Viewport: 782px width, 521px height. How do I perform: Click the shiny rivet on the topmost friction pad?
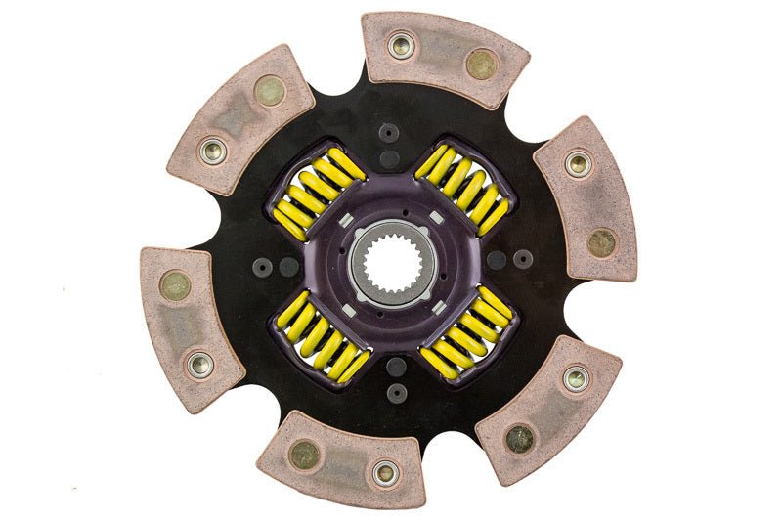400,45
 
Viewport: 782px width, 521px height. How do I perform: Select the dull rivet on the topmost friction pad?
480,65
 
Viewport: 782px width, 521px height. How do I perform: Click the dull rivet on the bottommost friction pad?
304,453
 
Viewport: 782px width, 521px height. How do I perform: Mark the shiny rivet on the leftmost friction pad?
200,365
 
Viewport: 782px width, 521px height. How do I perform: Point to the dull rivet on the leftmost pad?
176,285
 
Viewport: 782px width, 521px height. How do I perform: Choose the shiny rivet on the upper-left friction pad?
211,151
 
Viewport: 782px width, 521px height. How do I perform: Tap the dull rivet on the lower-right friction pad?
519,439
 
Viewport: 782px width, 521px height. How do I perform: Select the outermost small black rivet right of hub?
523,259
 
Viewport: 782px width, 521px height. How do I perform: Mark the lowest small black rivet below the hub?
396,392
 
